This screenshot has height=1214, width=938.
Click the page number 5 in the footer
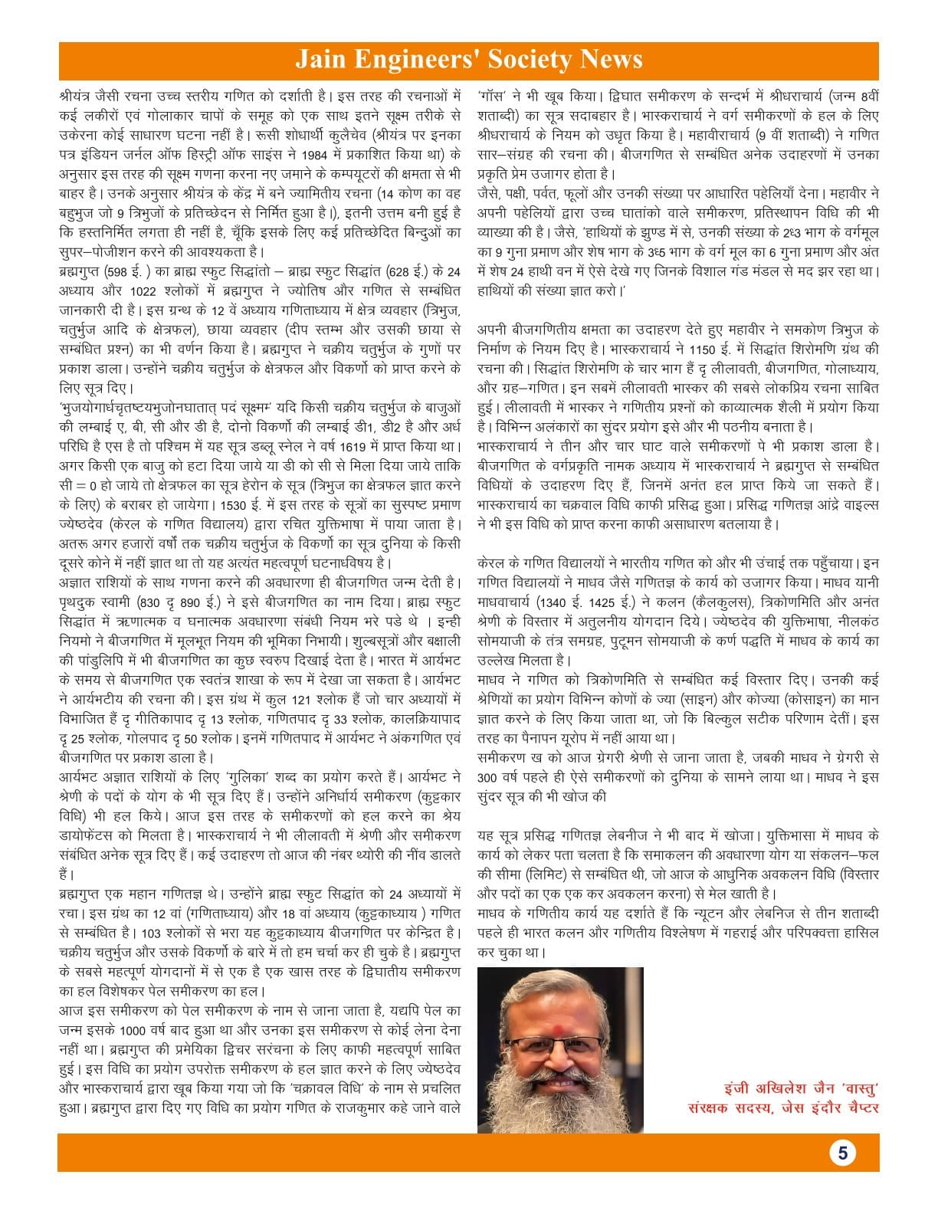point(842,1153)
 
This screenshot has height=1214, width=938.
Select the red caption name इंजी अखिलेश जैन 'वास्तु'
point(801,1088)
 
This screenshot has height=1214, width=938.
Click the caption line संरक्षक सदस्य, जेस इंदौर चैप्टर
point(783,1107)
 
